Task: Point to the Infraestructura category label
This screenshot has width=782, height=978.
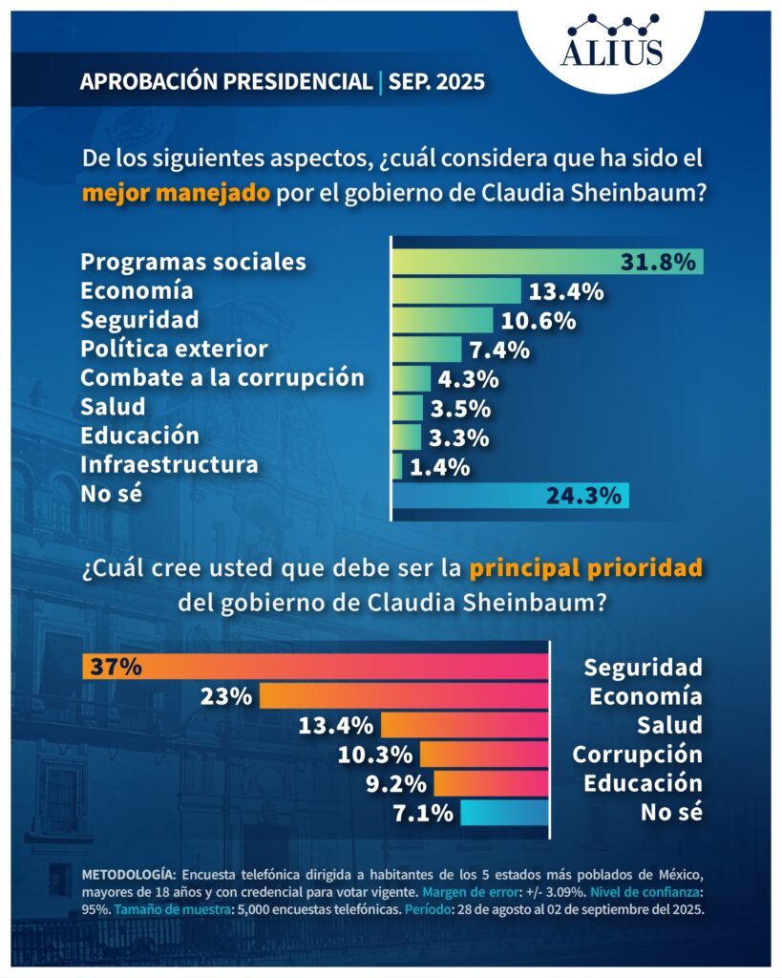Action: click(x=169, y=465)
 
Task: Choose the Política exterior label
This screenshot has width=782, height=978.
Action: click(x=174, y=348)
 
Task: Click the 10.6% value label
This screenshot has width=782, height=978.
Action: click(x=539, y=320)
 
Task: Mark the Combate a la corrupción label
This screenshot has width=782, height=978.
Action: click(x=222, y=377)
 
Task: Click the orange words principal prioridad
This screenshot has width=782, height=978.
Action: click(x=585, y=568)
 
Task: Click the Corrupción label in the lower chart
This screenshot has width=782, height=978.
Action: click(x=637, y=755)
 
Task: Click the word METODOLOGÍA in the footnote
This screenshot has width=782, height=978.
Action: click(x=128, y=874)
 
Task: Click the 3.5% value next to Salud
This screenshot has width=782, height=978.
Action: click(x=461, y=408)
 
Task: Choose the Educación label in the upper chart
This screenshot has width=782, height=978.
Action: click(x=140, y=436)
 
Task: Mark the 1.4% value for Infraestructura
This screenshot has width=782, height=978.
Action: click(x=440, y=467)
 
